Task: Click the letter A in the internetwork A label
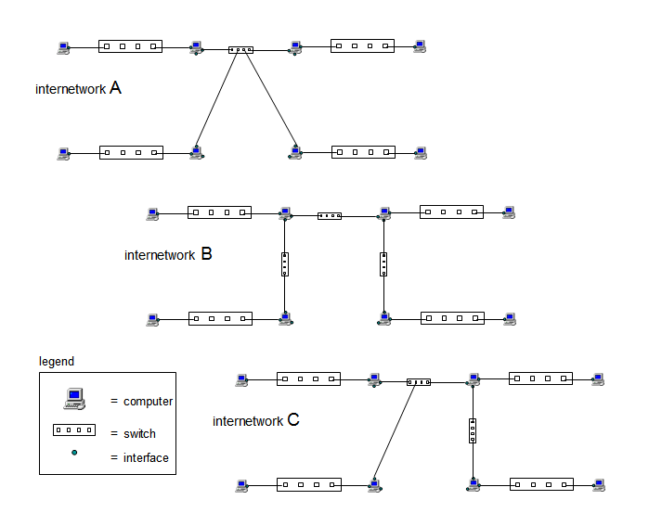(x=115, y=88)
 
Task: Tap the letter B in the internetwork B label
(x=206, y=253)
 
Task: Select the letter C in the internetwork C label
(x=293, y=419)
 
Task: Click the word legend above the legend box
(x=57, y=361)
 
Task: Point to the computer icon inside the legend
(x=75, y=399)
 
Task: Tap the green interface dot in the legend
(x=74, y=453)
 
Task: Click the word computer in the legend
(x=148, y=402)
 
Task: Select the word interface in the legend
(x=146, y=457)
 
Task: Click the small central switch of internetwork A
(x=240, y=49)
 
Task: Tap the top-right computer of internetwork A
(x=420, y=45)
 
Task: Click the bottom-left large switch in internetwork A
(x=131, y=152)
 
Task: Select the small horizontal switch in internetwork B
(x=330, y=215)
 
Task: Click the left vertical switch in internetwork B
(x=285, y=265)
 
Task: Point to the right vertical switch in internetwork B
(x=383, y=265)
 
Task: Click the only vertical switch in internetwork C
(x=473, y=431)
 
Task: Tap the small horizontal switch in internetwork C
(x=419, y=381)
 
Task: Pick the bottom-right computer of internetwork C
(x=599, y=484)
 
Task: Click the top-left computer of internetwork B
(x=152, y=212)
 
